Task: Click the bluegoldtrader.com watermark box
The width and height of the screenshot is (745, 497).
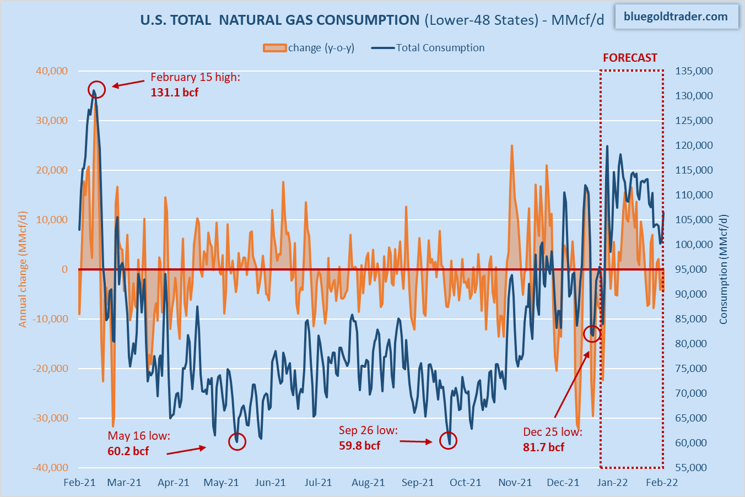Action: click(675, 17)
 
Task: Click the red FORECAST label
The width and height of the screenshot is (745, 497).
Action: click(630, 58)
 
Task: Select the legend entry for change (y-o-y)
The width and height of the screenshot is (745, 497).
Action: click(309, 48)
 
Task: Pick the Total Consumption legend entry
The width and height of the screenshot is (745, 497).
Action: click(428, 48)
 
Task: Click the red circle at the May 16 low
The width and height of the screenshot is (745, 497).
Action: click(237, 441)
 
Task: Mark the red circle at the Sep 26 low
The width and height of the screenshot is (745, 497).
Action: click(449, 440)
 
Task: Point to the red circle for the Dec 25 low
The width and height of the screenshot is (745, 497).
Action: click(592, 333)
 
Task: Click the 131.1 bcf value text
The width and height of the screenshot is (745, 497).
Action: click(174, 93)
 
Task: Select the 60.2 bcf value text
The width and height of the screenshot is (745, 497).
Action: click(128, 451)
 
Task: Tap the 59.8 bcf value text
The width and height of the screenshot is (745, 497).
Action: click(359, 446)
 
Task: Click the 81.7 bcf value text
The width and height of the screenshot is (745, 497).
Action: click(543, 447)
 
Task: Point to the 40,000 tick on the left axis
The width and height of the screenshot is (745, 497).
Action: click(52, 71)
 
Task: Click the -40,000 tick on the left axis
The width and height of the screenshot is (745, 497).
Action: click(50, 468)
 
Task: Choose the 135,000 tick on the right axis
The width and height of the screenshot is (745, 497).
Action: click(694, 71)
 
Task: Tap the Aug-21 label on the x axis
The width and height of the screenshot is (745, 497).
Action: click(368, 483)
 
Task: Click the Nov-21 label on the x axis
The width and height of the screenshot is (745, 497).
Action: click(515, 483)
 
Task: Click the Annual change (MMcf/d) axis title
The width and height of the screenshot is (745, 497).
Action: click(23, 269)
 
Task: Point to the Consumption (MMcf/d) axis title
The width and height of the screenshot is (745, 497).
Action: click(724, 269)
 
